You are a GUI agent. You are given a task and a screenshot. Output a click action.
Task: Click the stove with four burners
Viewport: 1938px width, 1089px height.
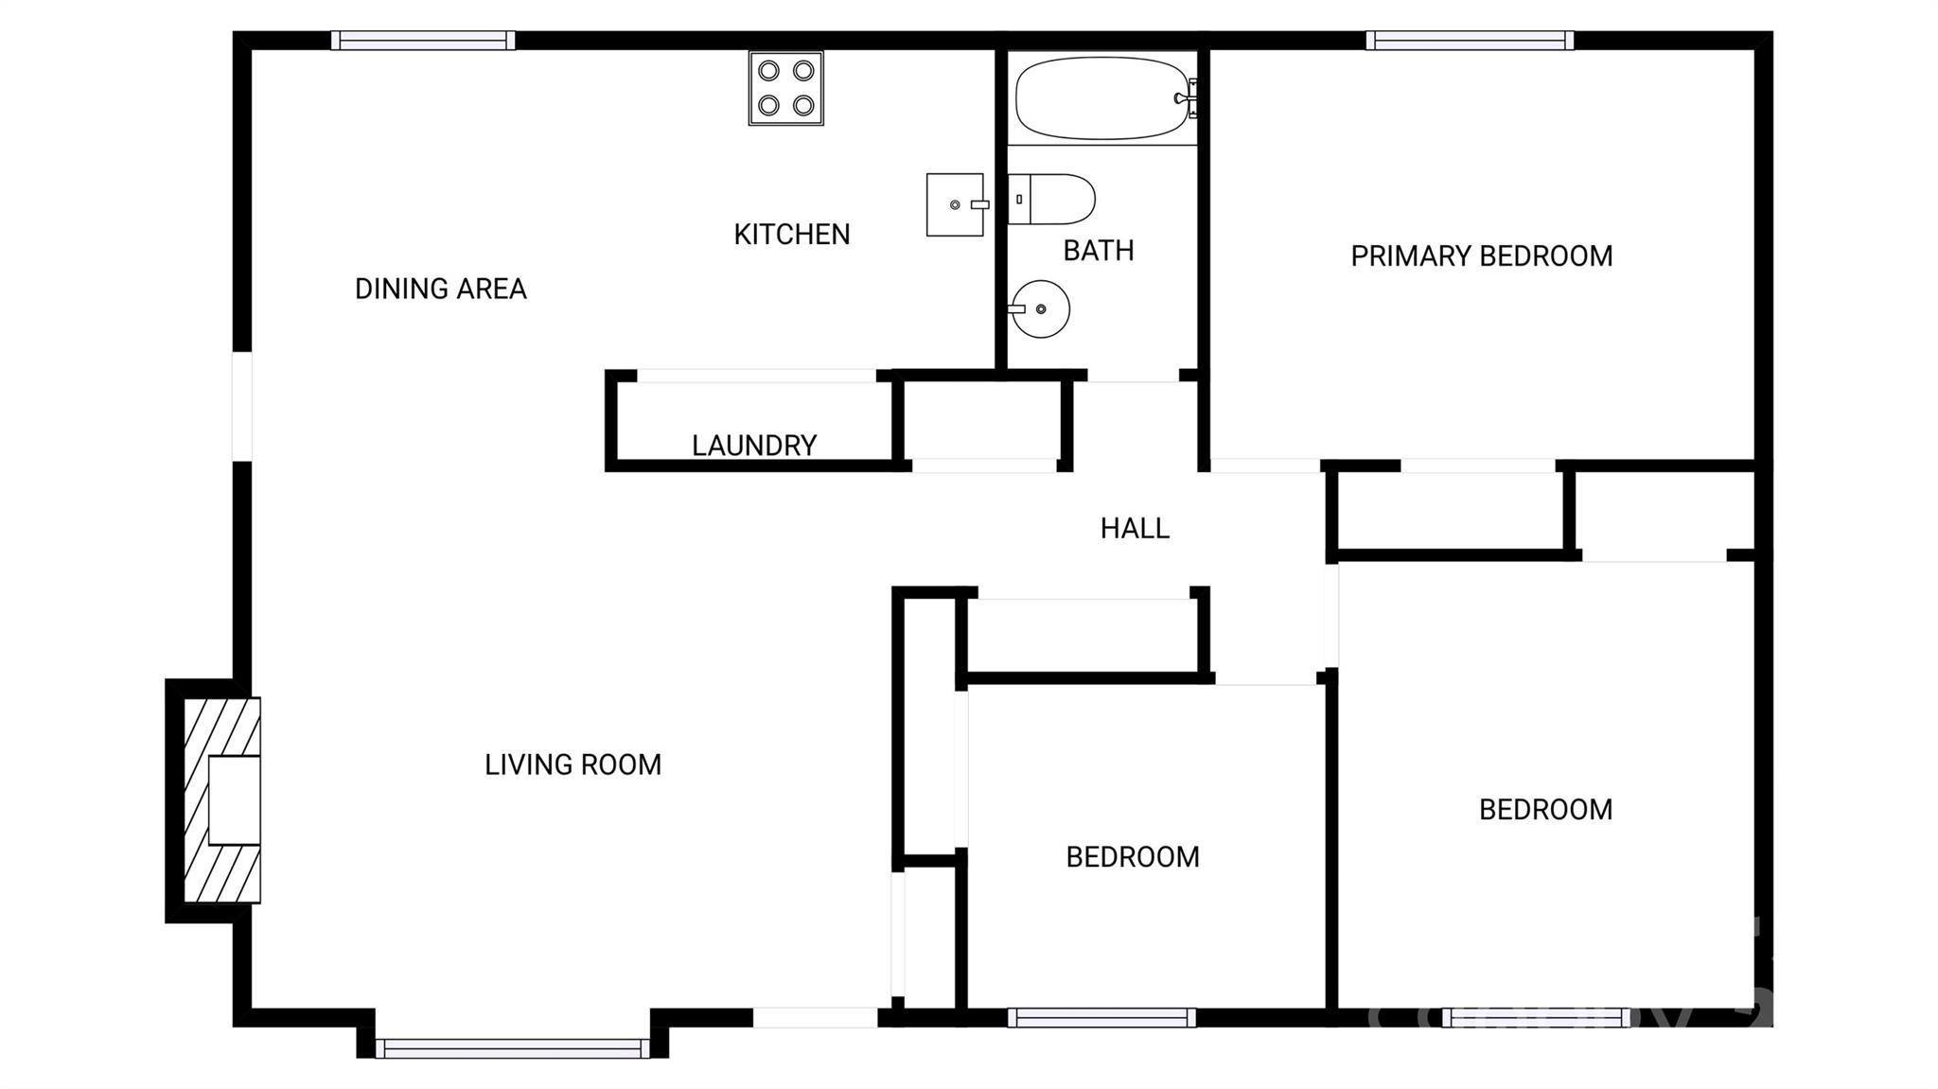(x=785, y=88)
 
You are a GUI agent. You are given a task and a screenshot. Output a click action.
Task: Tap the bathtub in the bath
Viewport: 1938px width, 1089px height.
(x=1101, y=98)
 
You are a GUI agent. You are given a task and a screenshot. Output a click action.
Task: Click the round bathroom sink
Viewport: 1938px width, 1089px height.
(x=1040, y=308)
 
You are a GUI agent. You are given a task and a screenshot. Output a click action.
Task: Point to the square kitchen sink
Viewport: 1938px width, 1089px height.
(x=954, y=204)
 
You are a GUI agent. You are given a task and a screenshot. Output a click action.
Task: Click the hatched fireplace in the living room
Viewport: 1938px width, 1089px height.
(x=221, y=799)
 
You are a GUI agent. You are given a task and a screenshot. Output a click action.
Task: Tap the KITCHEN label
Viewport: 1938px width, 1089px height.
(x=791, y=234)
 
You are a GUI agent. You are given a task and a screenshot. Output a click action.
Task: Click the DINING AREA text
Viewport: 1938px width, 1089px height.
(x=440, y=289)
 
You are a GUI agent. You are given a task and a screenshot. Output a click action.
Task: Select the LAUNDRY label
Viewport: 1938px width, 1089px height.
(x=753, y=445)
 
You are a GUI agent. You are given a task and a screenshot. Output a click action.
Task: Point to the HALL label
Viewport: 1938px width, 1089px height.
(x=1135, y=528)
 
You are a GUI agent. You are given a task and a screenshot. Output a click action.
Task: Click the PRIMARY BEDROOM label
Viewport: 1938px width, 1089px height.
(x=1481, y=255)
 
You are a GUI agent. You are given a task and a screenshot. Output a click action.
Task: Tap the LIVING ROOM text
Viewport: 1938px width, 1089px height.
(x=573, y=764)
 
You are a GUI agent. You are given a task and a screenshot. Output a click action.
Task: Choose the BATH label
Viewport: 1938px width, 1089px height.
(x=1098, y=250)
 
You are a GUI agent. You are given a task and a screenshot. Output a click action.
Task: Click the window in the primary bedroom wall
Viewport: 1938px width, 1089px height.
(x=1469, y=41)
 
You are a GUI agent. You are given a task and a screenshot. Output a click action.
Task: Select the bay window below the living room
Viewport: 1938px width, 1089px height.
(x=512, y=1047)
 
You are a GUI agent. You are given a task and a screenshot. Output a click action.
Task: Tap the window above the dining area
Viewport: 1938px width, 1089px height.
(x=423, y=41)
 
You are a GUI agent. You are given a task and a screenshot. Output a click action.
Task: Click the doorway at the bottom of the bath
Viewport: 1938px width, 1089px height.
(x=1133, y=376)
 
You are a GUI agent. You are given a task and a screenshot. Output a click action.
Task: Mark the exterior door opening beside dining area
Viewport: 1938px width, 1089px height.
(x=242, y=406)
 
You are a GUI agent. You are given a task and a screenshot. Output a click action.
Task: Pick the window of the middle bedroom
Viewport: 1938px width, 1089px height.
(x=1101, y=1017)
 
